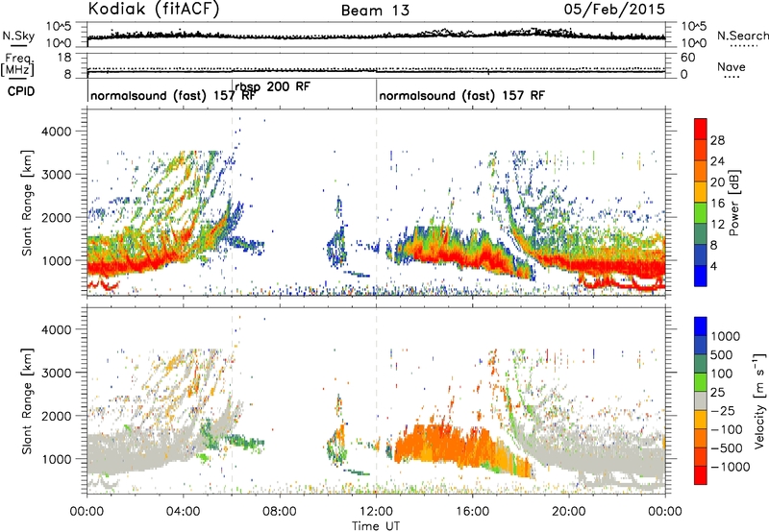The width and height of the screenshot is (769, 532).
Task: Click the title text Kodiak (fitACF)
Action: [154, 9]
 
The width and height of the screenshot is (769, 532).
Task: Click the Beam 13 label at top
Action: [375, 11]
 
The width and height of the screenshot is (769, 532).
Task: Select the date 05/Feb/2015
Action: [614, 10]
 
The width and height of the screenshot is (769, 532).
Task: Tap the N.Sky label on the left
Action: [18, 36]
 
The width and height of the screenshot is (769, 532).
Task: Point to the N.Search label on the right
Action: [742, 36]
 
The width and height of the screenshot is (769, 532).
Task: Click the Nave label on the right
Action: [732, 66]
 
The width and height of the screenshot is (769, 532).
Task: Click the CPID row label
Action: [21, 91]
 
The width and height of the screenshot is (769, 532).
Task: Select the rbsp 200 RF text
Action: [272, 87]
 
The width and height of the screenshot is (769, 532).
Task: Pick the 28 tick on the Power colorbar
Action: [717, 140]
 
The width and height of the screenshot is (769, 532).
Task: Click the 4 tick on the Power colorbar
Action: [713, 267]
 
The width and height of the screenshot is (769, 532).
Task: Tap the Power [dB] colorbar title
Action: [734, 203]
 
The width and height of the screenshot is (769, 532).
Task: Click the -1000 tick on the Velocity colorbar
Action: [731, 467]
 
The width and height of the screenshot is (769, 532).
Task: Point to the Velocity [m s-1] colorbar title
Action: [759, 400]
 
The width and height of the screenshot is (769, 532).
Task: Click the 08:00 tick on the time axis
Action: [280, 512]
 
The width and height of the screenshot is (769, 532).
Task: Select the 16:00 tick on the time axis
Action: [472, 512]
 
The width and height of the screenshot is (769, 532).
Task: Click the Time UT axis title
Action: [376, 526]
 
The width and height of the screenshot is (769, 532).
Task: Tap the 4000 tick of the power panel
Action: [57, 132]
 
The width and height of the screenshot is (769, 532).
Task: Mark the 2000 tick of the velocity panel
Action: [57, 416]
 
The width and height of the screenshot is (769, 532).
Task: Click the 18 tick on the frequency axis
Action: [64, 58]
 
